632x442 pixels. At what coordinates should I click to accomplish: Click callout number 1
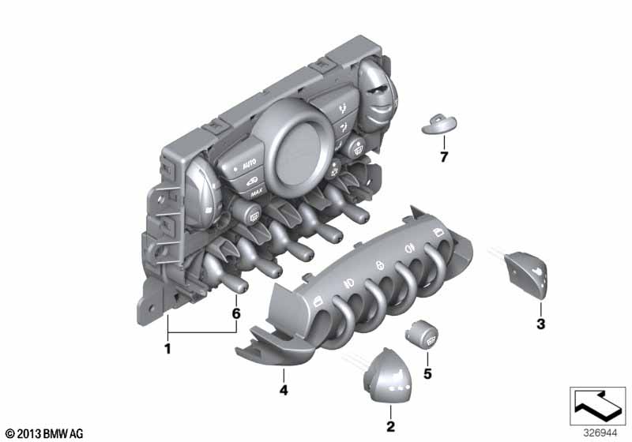(x=167, y=348)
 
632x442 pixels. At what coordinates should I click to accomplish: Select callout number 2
(x=390, y=426)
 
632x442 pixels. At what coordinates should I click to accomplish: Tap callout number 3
(x=541, y=324)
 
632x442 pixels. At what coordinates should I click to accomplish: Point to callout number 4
(x=284, y=390)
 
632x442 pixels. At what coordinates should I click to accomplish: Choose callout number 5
(x=427, y=374)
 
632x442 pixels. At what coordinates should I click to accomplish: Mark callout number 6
(x=236, y=313)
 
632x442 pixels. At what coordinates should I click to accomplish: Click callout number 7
(x=444, y=157)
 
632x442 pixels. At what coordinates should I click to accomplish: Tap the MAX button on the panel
(x=256, y=193)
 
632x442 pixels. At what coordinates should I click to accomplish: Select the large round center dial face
(x=299, y=154)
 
